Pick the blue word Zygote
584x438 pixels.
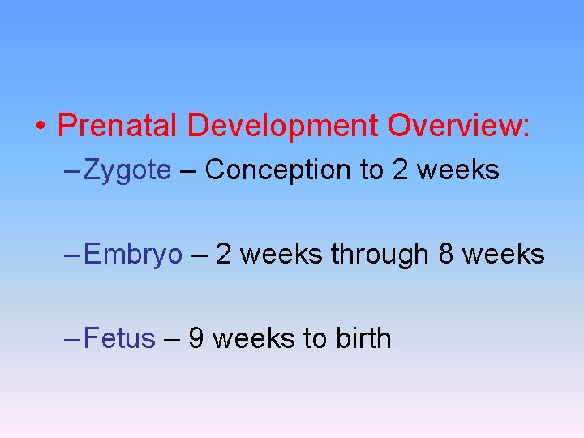(x=127, y=170)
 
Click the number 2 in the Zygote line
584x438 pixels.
(x=400, y=170)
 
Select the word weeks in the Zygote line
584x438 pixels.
(x=458, y=170)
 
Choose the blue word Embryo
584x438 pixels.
(x=133, y=255)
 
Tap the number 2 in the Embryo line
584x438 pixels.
(x=225, y=254)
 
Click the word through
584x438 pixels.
(x=379, y=255)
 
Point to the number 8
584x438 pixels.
(x=446, y=254)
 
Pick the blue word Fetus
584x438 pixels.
(x=119, y=338)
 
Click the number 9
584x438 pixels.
(x=196, y=338)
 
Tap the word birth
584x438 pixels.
(x=362, y=338)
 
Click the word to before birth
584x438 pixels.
(x=315, y=338)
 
